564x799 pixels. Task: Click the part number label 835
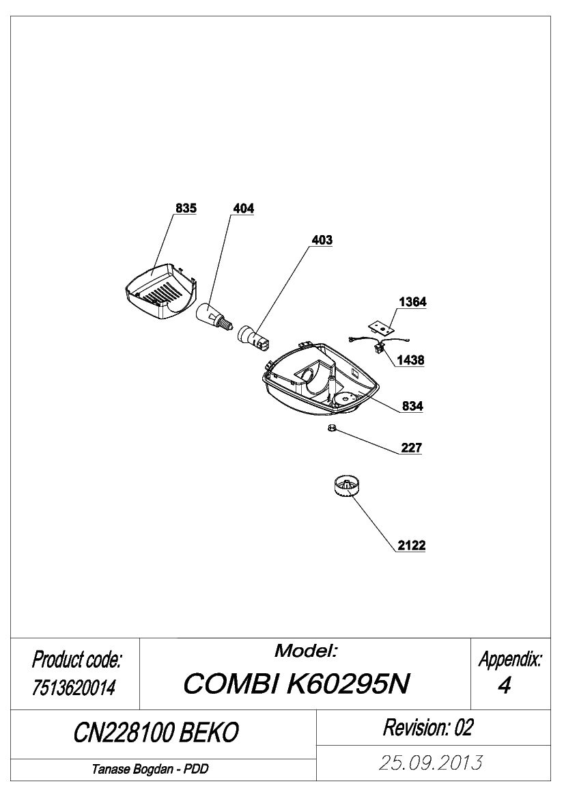(x=186, y=208)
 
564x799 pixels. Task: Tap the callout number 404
(x=243, y=208)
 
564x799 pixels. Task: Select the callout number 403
(x=322, y=240)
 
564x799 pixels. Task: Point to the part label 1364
(x=412, y=302)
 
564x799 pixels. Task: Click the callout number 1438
(x=410, y=360)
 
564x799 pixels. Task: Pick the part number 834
(x=412, y=406)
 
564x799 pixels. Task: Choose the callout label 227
(x=411, y=448)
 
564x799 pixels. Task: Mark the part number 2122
(x=411, y=545)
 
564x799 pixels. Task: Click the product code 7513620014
(x=74, y=688)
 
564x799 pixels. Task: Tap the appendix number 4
(x=504, y=686)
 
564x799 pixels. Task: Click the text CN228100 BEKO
(x=156, y=733)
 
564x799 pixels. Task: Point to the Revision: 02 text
(x=428, y=728)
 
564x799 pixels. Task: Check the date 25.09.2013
(x=431, y=763)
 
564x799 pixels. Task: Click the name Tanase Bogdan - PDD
(x=150, y=770)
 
